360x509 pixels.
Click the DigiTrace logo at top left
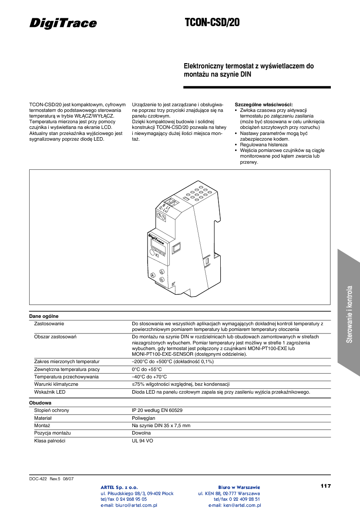click(x=63, y=23)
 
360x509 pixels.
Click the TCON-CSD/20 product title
click(x=212, y=23)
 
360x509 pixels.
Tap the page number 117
click(x=326, y=486)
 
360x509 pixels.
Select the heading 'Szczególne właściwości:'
click(x=264, y=104)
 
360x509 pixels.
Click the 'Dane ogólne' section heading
click(x=44, y=316)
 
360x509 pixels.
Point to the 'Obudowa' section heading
click(x=40, y=403)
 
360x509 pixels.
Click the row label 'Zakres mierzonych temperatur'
click(x=67, y=361)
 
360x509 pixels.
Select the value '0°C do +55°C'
click(x=147, y=369)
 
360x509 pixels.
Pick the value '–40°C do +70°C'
click(x=149, y=377)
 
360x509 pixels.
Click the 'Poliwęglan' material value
click(x=144, y=418)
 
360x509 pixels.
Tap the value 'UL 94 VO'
click(x=142, y=441)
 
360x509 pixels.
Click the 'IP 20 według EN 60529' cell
click(x=157, y=410)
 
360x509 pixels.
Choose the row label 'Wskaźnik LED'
click(x=50, y=392)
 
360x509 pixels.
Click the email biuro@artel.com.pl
click(x=129, y=506)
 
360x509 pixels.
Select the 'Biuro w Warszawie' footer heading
click(x=239, y=487)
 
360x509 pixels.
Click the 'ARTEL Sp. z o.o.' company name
click(x=119, y=487)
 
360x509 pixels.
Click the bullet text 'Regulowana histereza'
click(x=264, y=144)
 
